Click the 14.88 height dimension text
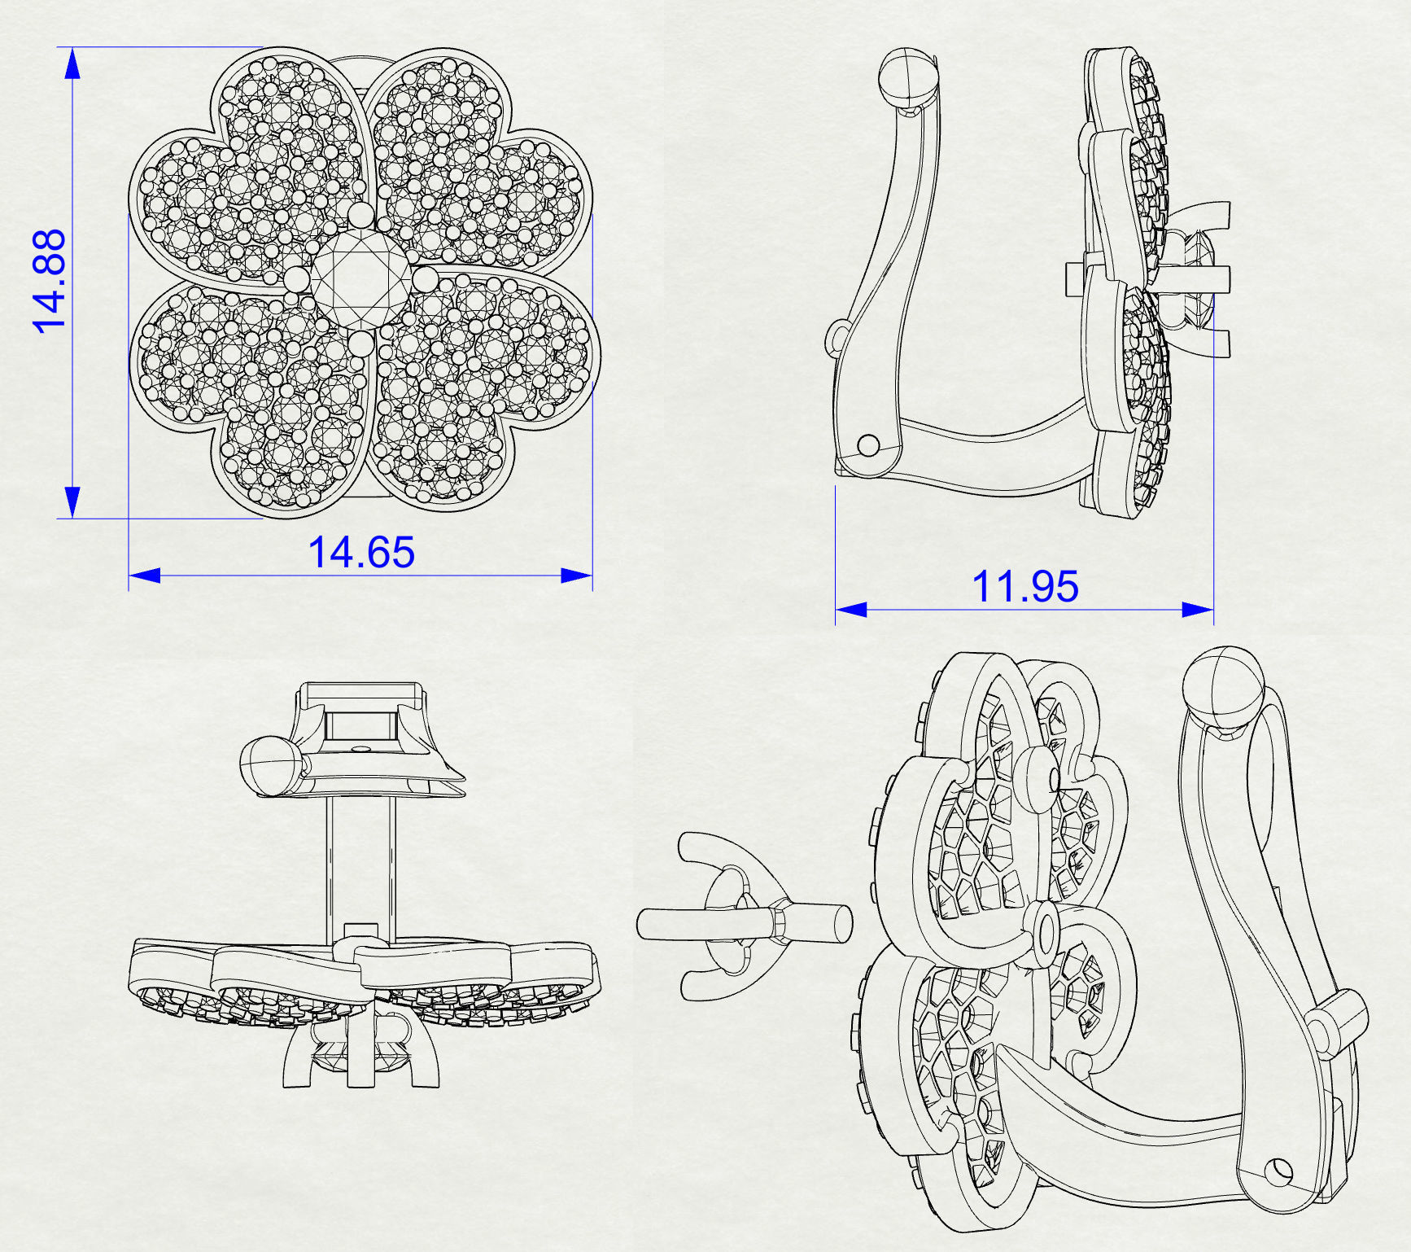[x=49, y=282]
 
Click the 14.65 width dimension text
[x=361, y=553]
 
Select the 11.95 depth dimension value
[x=1025, y=587]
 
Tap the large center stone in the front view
[x=360, y=279]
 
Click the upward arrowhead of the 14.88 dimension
[x=72, y=62]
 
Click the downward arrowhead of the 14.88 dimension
[x=72, y=502]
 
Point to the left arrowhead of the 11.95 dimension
[x=851, y=610]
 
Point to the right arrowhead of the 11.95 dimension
[x=1198, y=610]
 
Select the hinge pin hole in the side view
[x=869, y=445]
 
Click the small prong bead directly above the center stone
[x=360, y=215]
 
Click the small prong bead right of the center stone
[x=425, y=280]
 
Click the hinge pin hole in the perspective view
[x=1280, y=1171]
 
